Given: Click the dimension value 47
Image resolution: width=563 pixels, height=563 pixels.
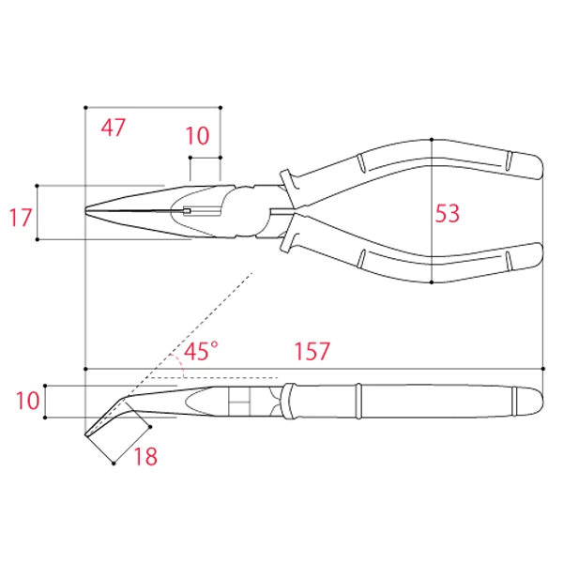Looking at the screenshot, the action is coord(114,128).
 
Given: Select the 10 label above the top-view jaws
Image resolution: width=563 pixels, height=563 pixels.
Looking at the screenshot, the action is coord(197,136).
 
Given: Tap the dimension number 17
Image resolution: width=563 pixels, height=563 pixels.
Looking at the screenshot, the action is coord(20,218).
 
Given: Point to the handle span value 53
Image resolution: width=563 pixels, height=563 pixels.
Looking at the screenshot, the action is coord(447,214).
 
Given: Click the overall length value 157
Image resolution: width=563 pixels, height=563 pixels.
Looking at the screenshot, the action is coord(312,351).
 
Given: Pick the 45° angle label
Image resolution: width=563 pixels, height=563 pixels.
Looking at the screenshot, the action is coord(201,350).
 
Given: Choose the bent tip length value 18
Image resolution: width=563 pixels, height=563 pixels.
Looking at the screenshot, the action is coord(145,456).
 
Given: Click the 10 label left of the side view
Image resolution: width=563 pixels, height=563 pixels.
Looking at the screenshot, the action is coord(27,401).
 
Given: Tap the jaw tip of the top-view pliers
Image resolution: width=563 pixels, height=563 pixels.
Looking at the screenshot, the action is coord(86,210).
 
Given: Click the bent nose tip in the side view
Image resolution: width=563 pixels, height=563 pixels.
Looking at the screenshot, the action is coord(86,434).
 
